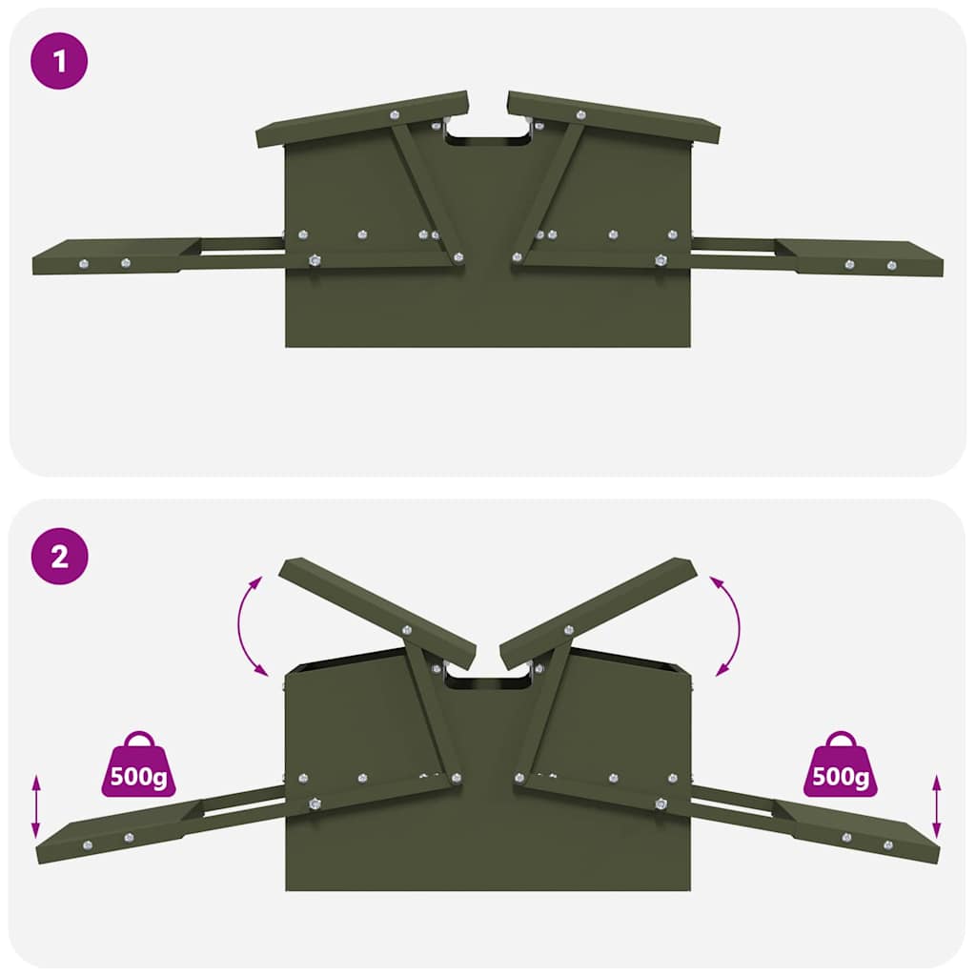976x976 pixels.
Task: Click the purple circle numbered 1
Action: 59,62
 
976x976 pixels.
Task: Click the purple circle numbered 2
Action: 59,557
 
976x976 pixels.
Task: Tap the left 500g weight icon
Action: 139,765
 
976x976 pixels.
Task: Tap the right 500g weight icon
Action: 840,765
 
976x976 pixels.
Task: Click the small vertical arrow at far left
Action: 36,806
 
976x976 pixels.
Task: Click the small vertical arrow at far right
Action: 937,806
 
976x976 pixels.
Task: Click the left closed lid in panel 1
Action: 363,119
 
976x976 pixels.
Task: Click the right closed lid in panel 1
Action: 614,118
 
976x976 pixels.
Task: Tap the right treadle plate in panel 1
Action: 863,257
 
